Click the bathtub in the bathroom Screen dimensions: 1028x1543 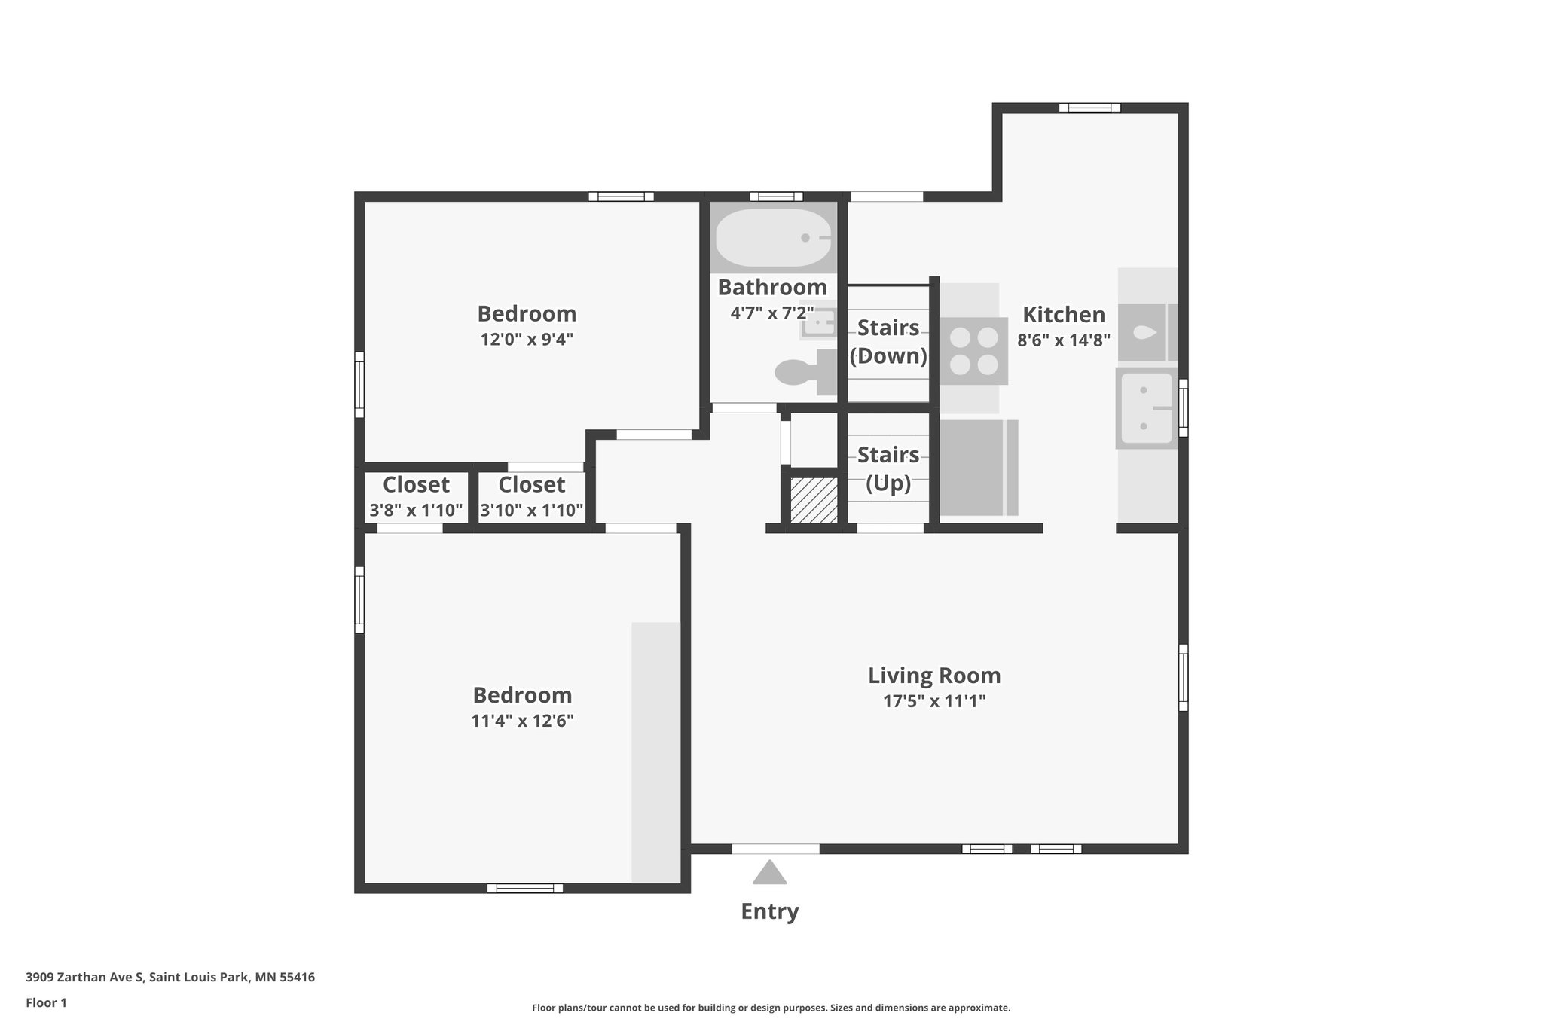(773, 237)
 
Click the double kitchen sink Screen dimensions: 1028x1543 (1147, 408)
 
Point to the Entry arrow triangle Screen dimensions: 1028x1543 (769, 874)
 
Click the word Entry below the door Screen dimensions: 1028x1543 (769, 911)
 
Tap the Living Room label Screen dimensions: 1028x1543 (934, 676)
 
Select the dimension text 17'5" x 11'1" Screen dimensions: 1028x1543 (934, 702)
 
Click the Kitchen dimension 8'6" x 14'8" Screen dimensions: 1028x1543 (1064, 340)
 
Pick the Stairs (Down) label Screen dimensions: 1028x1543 (888, 342)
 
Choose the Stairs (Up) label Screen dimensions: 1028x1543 (888, 468)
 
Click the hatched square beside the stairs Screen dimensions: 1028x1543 (814, 500)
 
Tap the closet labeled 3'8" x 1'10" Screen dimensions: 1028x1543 (416, 497)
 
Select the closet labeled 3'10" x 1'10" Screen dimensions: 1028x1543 (532, 497)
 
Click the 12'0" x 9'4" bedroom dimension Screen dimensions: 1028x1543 (527, 340)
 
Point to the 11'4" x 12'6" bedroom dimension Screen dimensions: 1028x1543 (522, 721)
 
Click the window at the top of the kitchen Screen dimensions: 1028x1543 (1089, 108)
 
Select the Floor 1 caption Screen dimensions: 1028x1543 (46, 1003)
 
